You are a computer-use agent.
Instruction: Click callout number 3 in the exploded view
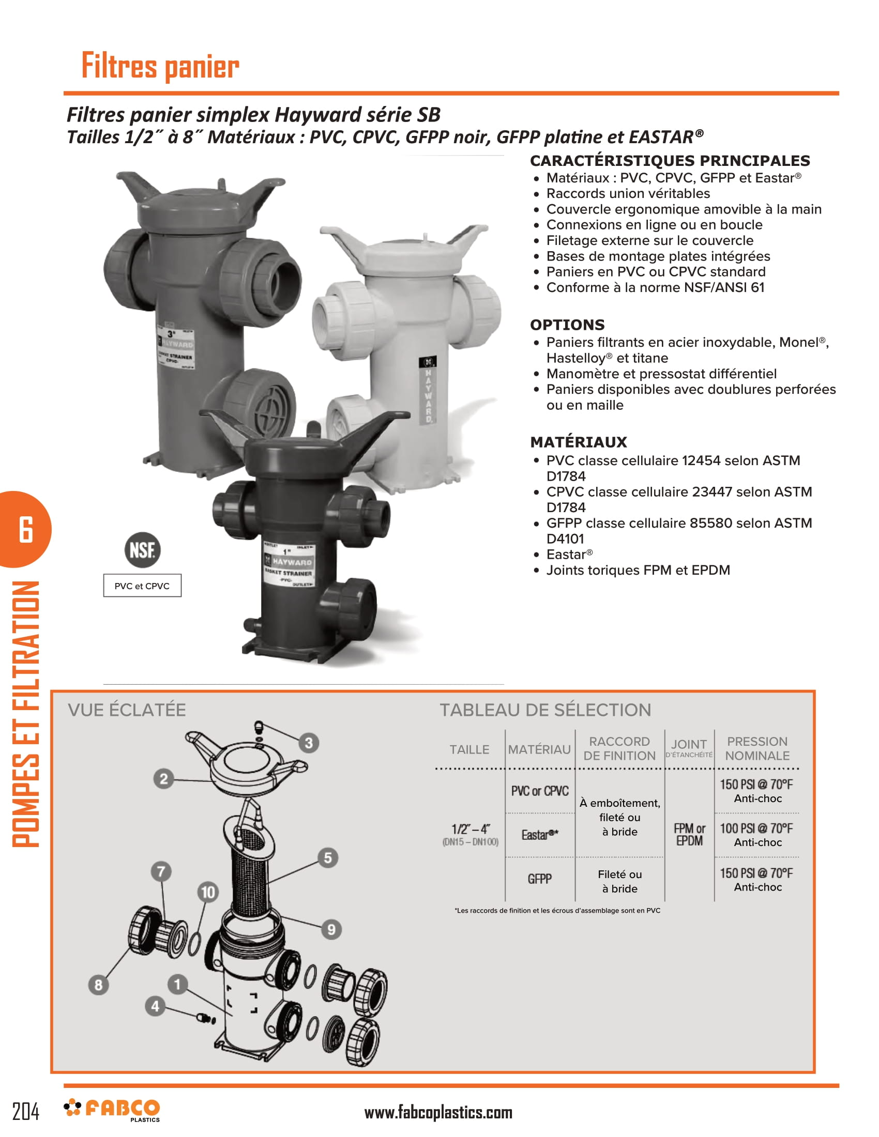309,743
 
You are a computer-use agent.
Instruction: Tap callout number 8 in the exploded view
98,985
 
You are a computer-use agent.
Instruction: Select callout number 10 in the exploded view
208,893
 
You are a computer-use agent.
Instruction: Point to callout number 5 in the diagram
327,857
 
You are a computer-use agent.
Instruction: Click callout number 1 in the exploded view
177,984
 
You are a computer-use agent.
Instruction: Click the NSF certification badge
142,550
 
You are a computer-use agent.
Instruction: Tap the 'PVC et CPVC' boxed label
142,586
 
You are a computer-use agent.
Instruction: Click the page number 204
25,1112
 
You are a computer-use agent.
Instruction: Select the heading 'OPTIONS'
567,325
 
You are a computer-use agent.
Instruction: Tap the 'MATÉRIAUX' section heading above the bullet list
579,442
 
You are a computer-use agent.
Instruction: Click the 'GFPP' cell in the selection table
539,879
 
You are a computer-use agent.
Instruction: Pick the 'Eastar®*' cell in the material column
540,835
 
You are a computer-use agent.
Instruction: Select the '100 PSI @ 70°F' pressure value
756,828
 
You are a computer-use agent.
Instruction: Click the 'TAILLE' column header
469,749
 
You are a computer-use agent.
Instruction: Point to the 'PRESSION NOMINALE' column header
757,748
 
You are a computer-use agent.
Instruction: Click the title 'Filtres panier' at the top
160,66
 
